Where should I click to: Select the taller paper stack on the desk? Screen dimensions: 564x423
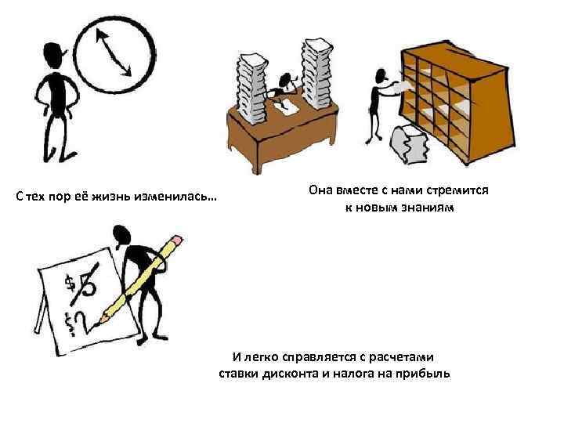point(317,74)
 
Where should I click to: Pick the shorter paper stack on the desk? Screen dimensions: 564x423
point(252,89)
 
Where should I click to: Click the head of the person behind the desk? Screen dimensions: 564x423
point(286,81)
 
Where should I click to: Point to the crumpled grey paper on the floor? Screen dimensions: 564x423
point(409,143)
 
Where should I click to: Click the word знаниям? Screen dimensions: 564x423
point(428,208)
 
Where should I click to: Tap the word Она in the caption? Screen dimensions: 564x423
point(321,190)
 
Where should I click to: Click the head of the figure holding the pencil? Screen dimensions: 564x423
point(121,235)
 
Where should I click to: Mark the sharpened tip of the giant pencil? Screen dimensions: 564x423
point(95,326)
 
